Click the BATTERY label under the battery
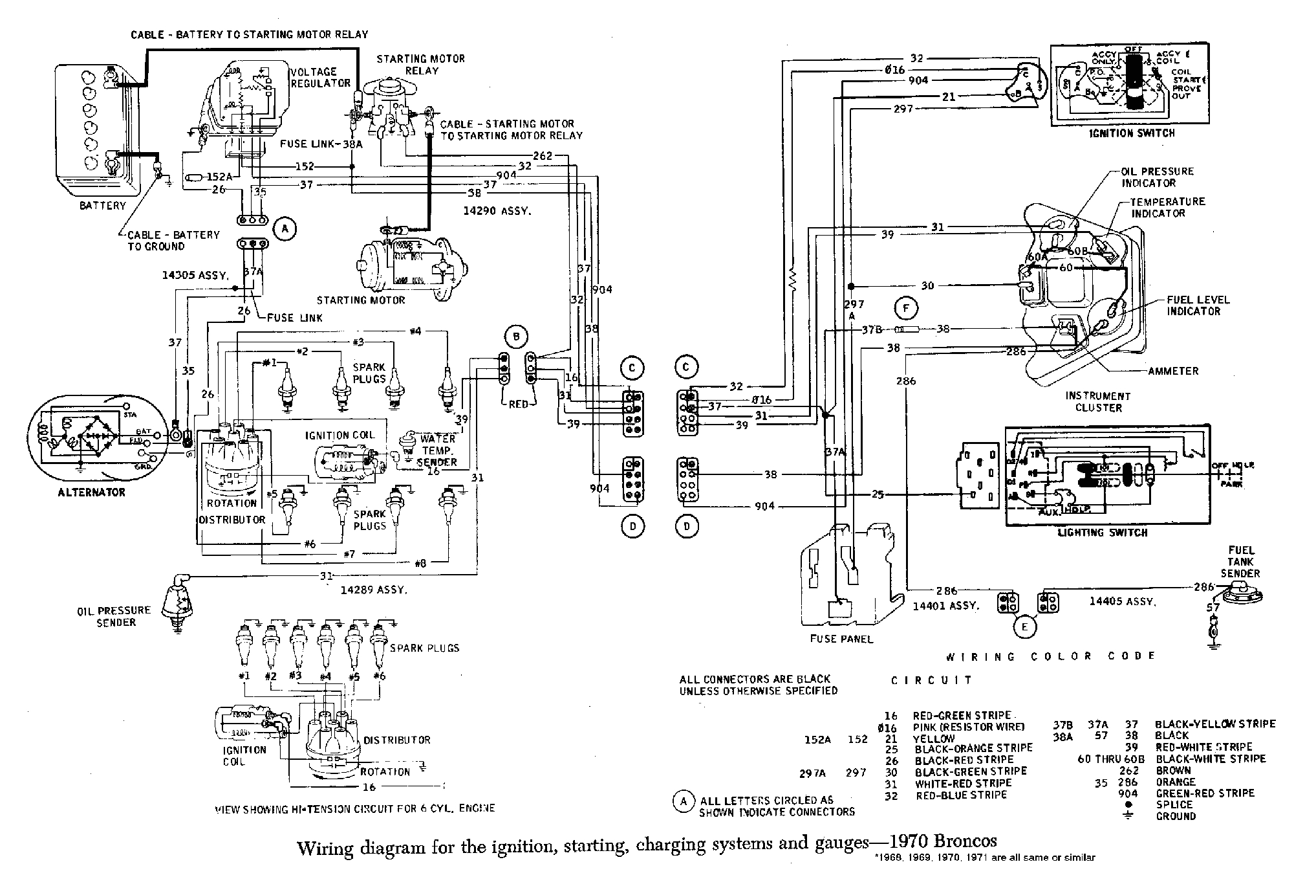(102, 206)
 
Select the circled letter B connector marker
(516, 337)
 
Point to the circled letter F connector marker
(906, 309)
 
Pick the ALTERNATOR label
(91, 492)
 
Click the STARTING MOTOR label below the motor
(361, 300)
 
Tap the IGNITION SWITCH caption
(1132, 133)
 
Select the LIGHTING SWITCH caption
(1102, 533)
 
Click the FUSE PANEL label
(841, 639)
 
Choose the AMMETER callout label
(1173, 371)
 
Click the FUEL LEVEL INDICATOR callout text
(1198, 305)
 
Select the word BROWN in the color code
(1173, 770)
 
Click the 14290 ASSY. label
(497, 211)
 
